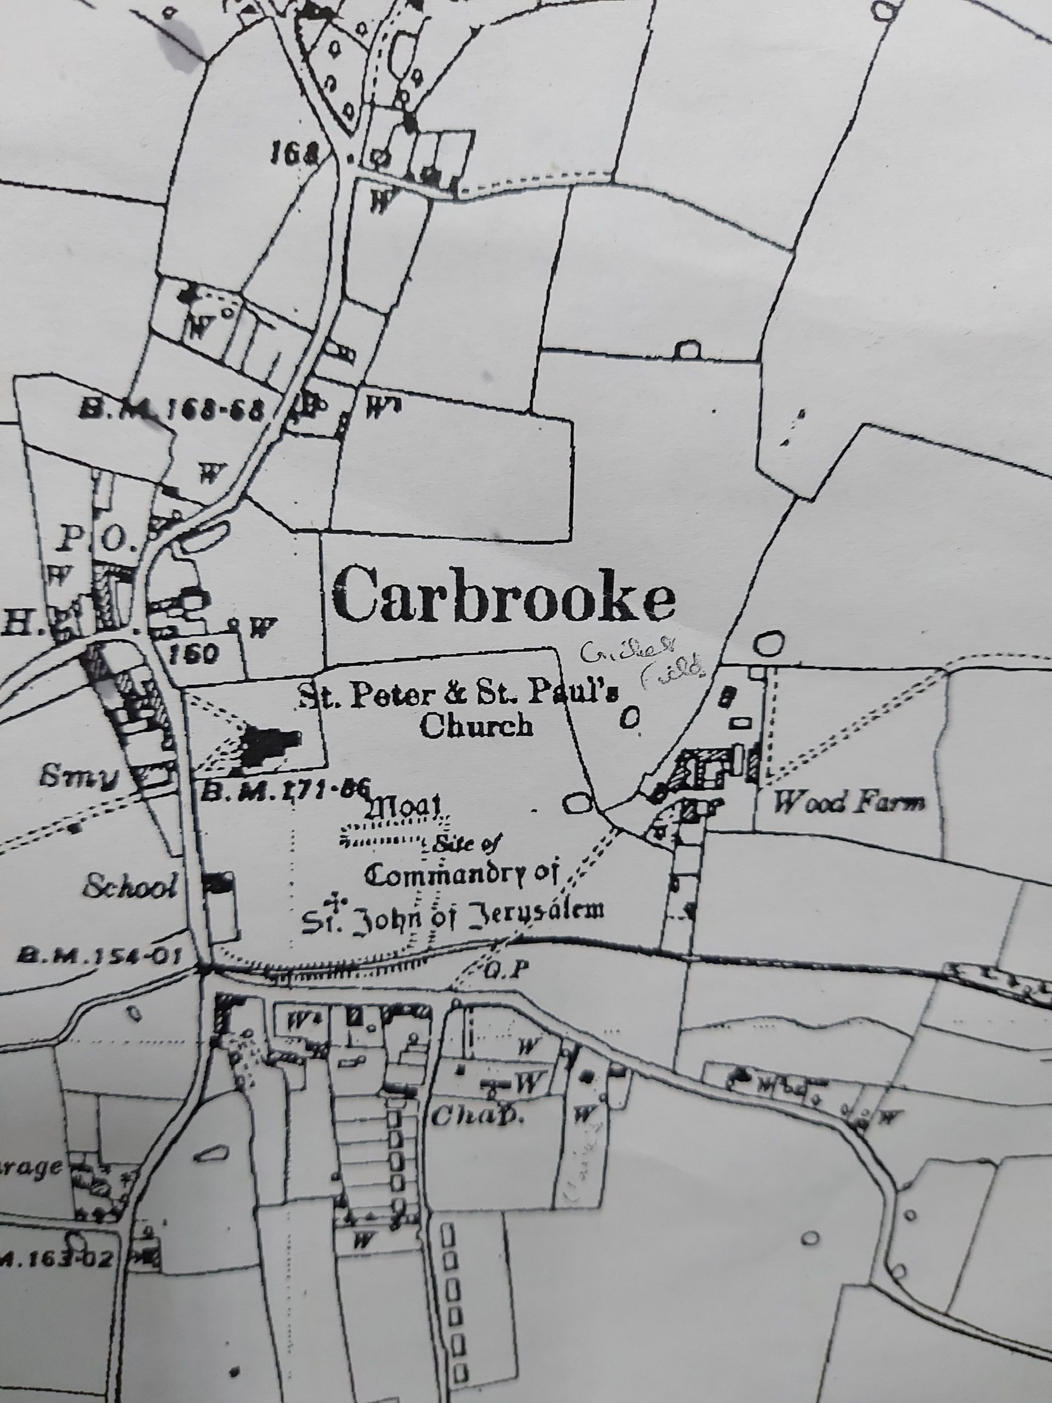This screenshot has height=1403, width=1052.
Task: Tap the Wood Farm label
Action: click(x=849, y=803)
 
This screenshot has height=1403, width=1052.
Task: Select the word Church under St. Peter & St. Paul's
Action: click(x=476, y=725)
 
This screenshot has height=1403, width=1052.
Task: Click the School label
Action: click(x=129, y=888)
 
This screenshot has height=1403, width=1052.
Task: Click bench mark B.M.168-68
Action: click(x=170, y=410)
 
